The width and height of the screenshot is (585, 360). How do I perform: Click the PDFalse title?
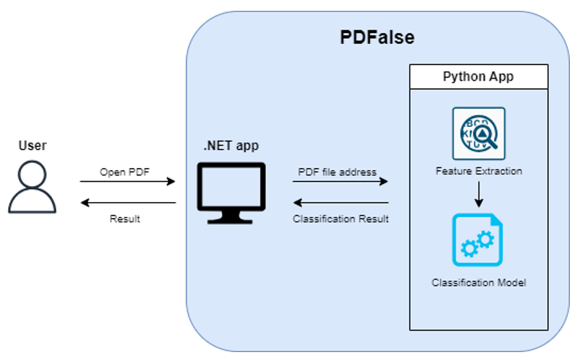377,38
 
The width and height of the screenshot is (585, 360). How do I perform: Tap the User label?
32,145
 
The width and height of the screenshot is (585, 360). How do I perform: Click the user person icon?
32,187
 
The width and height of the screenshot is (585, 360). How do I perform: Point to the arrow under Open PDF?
128,182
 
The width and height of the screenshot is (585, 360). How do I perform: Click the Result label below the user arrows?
125,219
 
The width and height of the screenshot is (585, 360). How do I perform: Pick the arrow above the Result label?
128,203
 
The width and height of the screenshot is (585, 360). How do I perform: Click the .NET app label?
231,146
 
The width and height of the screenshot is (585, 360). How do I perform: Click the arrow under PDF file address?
340,182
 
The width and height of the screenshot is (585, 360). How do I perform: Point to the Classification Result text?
341,219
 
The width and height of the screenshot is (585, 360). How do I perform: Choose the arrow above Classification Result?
340,203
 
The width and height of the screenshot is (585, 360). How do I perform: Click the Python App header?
478,76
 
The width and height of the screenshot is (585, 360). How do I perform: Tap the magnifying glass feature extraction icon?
478,133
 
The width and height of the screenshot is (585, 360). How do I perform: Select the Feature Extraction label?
478,172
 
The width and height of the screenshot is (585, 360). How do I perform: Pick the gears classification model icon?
478,240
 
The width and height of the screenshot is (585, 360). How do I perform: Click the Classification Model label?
478,282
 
